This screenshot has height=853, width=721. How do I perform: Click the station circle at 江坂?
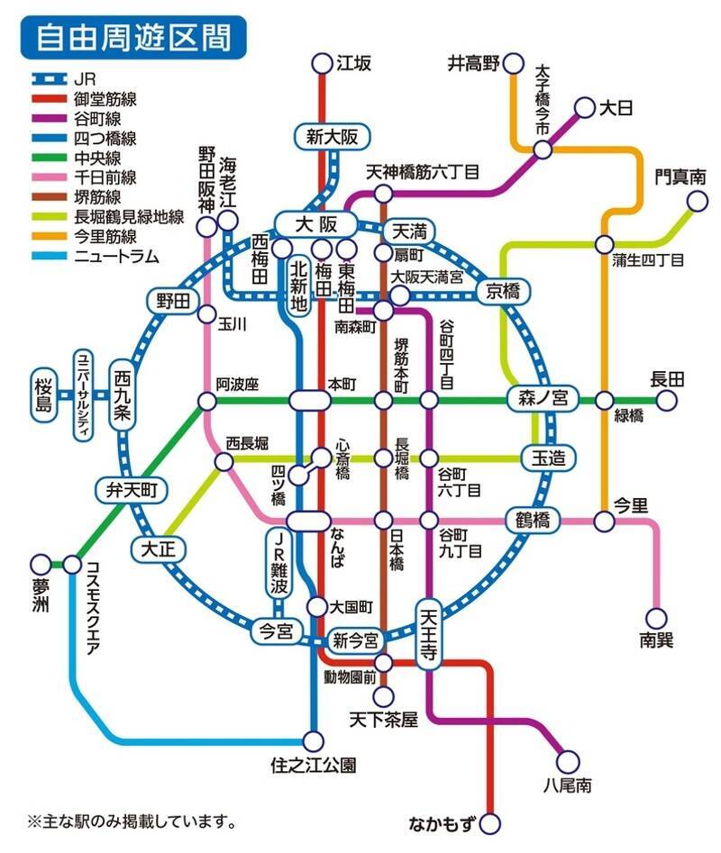click(x=322, y=63)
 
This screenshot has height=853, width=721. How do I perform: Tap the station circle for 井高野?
click(x=513, y=63)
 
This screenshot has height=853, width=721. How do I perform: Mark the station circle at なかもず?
click(x=490, y=822)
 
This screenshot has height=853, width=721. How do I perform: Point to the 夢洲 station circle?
click(x=40, y=565)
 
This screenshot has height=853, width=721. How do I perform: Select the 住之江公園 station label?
click(x=314, y=766)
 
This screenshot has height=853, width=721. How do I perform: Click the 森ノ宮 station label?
click(x=543, y=397)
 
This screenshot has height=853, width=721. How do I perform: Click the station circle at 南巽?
click(x=657, y=618)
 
